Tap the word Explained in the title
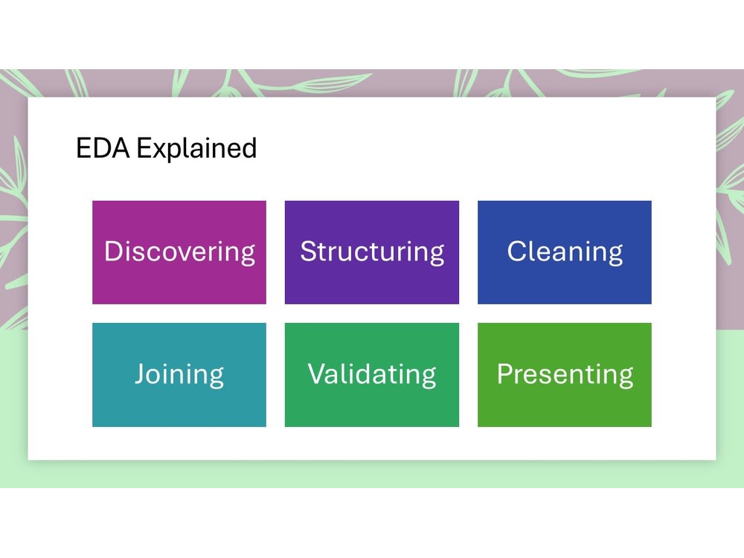tap(196, 149)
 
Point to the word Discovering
tap(179, 251)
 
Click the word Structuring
tap(372, 251)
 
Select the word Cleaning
tap(565, 251)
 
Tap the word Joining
tap(179, 373)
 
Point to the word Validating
tap(372, 373)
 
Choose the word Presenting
tap(565, 373)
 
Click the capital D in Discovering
tap(113, 251)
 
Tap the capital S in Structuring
tap(308, 251)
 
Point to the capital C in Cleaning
tap(517, 251)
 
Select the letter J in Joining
tap(141, 373)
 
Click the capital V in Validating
tap(318, 373)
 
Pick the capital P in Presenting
tap(505, 373)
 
